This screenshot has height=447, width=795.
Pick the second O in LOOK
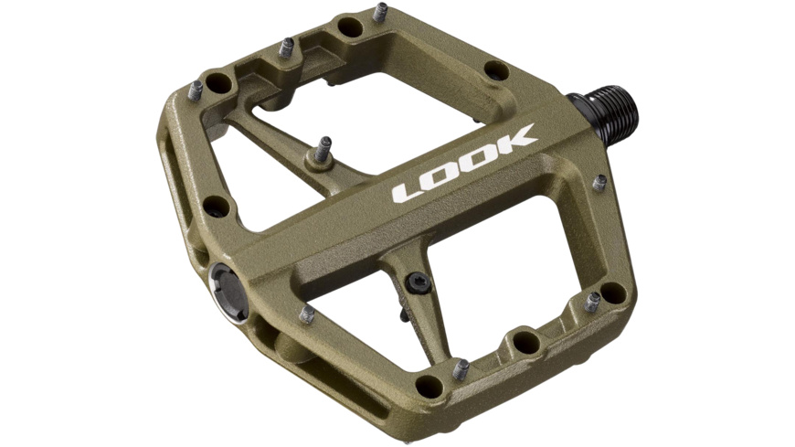click(x=480, y=158)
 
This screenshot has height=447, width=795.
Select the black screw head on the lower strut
click(x=418, y=281)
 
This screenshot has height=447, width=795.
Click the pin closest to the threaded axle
click(x=599, y=183)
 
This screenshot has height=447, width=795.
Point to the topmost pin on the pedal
click(x=380, y=13)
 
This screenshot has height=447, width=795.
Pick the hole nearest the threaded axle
click(x=496, y=69)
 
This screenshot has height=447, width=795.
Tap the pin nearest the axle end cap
click(x=306, y=314)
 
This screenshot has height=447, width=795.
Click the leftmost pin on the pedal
click(x=195, y=90)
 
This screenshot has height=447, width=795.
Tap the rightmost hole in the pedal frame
click(x=613, y=293)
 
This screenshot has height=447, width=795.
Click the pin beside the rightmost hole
click(x=592, y=302)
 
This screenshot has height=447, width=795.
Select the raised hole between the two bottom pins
click(x=525, y=343)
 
